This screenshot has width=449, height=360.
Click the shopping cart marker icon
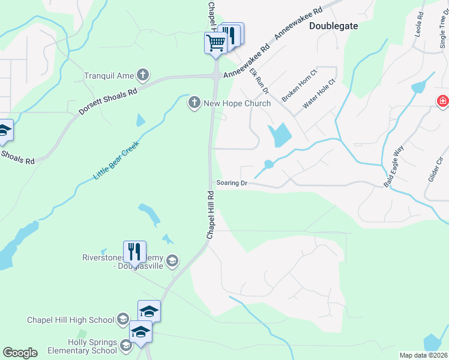point(215,43)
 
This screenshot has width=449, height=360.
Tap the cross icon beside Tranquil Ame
point(142,76)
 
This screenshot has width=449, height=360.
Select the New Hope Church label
point(237,103)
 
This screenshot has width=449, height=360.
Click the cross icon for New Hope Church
point(194,103)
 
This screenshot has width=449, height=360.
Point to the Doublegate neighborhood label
point(333,26)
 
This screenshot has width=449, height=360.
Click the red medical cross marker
point(443,101)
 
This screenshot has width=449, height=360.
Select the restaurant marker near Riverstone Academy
point(135,251)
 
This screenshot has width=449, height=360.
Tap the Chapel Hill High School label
point(71,320)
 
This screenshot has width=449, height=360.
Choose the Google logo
point(20,353)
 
